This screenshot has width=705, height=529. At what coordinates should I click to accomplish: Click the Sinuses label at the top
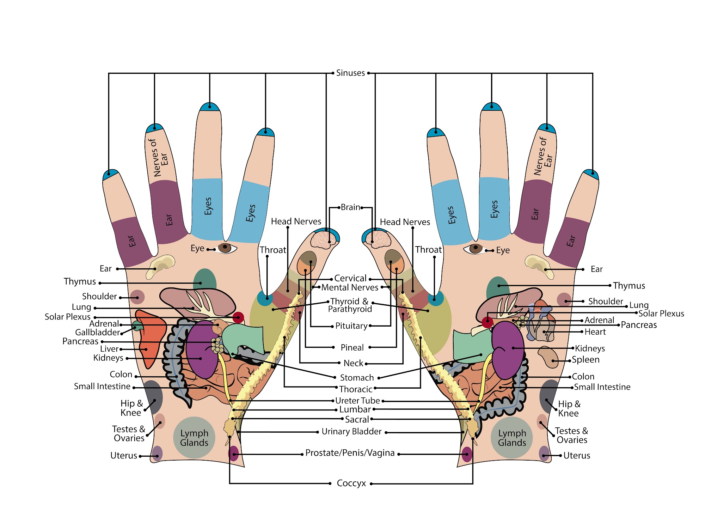350,73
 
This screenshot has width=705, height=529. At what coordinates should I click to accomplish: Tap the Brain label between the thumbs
350,207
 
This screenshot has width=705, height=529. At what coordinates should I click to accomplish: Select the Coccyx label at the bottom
351,483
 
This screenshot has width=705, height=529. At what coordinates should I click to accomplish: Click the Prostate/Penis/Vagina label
350,453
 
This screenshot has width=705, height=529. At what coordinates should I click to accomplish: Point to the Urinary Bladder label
351,431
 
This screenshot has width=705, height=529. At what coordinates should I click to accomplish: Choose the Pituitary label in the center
351,326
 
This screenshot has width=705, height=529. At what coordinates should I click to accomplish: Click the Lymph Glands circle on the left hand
194,438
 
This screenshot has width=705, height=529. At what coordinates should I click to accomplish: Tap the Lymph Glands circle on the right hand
512,438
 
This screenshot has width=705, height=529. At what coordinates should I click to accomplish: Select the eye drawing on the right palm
476,249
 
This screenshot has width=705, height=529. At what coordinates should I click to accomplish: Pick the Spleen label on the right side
586,360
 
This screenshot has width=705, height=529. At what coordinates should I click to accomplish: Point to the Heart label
595,332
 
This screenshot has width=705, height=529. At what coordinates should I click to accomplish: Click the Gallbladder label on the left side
98,332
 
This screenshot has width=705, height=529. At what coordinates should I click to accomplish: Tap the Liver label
110,349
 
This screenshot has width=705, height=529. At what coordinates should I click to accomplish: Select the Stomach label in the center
357,378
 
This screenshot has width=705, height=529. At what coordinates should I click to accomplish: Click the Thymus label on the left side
80,282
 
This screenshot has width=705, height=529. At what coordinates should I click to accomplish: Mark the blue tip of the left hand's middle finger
210,107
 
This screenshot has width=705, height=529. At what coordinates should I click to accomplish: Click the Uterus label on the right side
577,456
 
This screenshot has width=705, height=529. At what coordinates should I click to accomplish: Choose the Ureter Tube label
357,401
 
